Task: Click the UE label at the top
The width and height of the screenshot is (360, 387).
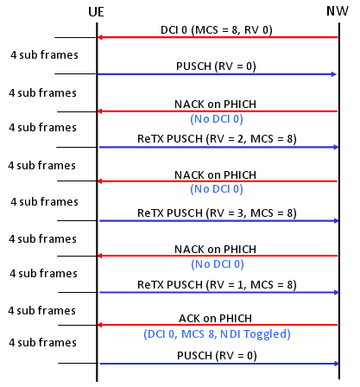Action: (96, 12)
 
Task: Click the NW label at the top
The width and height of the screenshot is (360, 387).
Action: (338, 11)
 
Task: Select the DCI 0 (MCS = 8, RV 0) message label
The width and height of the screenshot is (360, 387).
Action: (217, 30)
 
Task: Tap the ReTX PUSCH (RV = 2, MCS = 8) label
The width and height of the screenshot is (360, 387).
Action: (217, 139)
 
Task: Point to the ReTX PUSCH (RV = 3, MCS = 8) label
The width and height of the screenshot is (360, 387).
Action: (217, 213)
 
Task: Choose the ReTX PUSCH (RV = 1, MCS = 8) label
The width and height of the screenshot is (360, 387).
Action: (217, 285)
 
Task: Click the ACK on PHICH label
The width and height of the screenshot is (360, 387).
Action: (215, 319)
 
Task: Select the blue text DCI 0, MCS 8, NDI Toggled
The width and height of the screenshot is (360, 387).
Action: (217, 334)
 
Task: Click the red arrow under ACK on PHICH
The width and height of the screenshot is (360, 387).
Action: (218, 325)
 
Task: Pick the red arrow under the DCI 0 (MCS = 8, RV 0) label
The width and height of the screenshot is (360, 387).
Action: (218, 37)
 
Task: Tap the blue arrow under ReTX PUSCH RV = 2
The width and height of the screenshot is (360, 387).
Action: (219, 148)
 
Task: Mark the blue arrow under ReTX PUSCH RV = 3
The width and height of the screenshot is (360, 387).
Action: (219, 221)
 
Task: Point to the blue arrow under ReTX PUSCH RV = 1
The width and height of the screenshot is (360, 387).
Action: (219, 293)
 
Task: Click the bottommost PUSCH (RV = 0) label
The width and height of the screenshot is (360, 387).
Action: (217, 356)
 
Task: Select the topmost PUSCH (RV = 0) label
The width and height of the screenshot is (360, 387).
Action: (216, 67)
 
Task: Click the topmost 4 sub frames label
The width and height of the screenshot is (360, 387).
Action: (44, 54)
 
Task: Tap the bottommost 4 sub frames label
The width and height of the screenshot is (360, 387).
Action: (42, 343)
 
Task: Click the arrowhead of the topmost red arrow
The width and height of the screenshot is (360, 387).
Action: (99, 37)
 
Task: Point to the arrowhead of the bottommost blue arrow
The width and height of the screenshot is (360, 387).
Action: (337, 364)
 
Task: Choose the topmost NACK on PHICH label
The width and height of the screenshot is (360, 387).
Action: (215, 105)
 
